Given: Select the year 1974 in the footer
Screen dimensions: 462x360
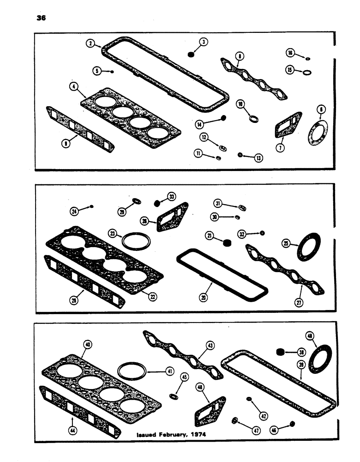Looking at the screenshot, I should tap(197, 434).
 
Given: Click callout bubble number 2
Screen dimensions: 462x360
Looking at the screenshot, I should tap(91, 43).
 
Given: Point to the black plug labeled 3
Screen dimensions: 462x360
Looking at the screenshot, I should tap(190, 55).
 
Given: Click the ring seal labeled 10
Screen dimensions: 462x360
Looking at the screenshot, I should tap(253, 119).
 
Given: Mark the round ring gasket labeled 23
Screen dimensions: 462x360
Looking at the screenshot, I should tap(133, 240).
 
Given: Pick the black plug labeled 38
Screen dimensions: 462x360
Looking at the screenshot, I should tap(279, 353).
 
